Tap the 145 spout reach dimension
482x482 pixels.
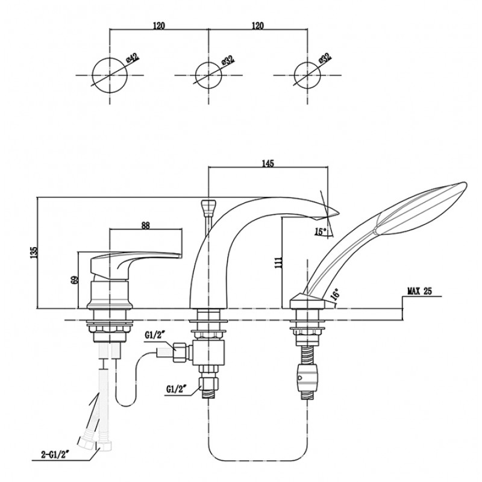click(268, 163)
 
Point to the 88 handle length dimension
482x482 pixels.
click(145, 225)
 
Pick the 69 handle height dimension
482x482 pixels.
click(75, 280)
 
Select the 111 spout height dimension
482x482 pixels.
click(278, 262)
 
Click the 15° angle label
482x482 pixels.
click(321, 231)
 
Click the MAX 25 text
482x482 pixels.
click(419, 291)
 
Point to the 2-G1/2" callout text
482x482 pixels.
click(54, 454)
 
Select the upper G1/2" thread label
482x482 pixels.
click(155, 336)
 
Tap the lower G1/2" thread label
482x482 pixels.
click(177, 389)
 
